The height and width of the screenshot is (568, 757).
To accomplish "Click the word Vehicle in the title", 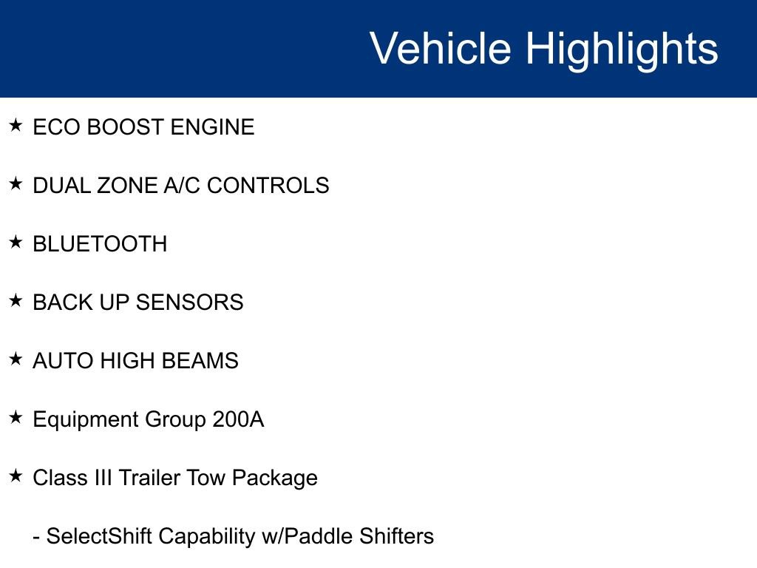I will (x=440, y=49).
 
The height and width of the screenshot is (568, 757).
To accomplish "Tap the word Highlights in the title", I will (x=622, y=49).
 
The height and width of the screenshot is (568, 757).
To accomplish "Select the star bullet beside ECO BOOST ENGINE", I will (x=16, y=126).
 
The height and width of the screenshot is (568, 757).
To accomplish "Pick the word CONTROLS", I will (x=268, y=186).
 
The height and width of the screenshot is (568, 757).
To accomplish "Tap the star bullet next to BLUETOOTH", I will (x=16, y=243).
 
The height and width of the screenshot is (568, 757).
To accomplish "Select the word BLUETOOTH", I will (x=100, y=244).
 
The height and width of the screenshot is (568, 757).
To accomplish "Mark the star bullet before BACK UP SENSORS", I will (x=16, y=301).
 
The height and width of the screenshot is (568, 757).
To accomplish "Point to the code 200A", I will (x=238, y=419).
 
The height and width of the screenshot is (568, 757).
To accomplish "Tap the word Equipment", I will (x=82, y=420).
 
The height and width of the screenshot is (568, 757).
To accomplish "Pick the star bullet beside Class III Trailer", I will (x=16, y=476).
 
